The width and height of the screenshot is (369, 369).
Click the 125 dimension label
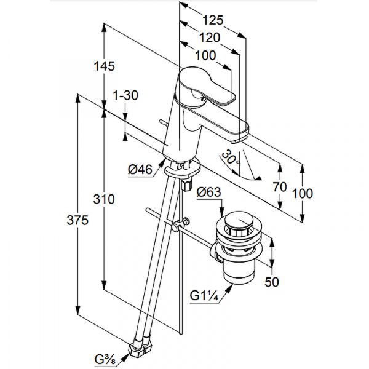(x=213, y=20)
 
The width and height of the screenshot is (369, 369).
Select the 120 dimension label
(x=210, y=38)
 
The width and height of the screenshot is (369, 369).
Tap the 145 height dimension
(x=105, y=66)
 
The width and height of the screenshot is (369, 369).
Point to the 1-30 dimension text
(x=125, y=95)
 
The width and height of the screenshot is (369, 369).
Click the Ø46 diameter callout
(x=140, y=169)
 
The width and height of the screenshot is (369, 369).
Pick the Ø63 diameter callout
(x=208, y=192)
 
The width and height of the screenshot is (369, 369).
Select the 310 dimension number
(x=104, y=199)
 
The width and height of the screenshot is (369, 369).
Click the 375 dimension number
(x=77, y=221)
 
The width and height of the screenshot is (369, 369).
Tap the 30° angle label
(x=231, y=157)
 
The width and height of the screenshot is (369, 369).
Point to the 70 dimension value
(x=280, y=187)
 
